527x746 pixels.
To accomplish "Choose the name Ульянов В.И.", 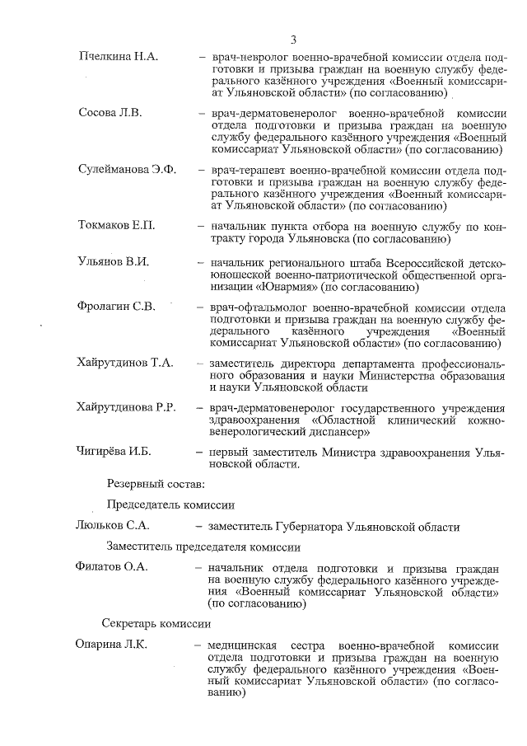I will [114, 262].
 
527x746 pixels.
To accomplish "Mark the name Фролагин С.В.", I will [116, 307].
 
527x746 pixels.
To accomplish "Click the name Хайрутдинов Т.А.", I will [125, 364].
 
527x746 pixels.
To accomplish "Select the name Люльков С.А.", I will [112, 527].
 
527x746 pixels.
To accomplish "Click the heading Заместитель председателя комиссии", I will [191, 547].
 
